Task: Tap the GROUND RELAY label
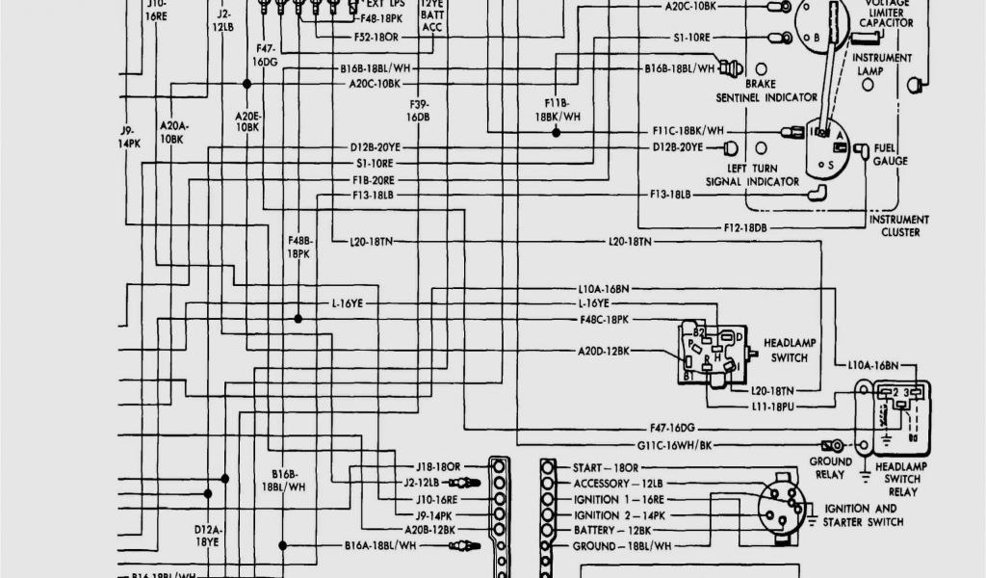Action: (x=830, y=467)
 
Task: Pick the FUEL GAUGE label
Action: (x=891, y=155)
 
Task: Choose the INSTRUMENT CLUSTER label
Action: (x=900, y=225)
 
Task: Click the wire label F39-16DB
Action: (x=417, y=110)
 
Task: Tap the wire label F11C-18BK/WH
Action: (x=688, y=131)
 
